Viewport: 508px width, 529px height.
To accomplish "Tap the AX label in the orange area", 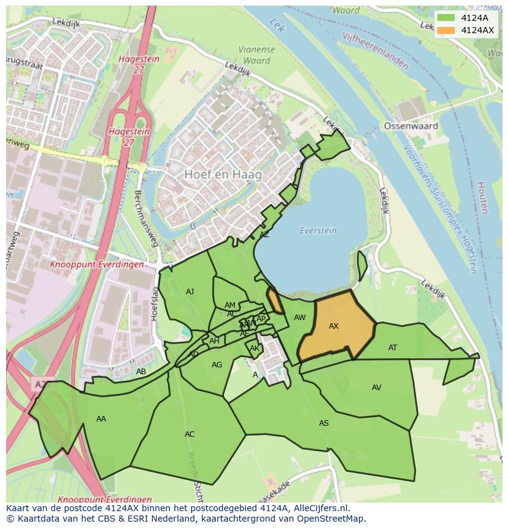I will point(334,326).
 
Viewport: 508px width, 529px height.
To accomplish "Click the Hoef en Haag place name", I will point(223,174).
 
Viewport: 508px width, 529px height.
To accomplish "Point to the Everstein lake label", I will point(318,230).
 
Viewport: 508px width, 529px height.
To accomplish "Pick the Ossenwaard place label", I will point(410,126).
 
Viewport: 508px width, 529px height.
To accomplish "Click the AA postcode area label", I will point(101,419).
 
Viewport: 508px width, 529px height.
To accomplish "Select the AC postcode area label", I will point(190,434).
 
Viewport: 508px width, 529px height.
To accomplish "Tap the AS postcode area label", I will point(323,423).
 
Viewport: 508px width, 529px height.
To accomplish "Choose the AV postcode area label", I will point(377,388).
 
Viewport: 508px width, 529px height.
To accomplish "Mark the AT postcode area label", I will point(393,348).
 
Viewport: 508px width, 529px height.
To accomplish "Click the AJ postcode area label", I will point(190,292).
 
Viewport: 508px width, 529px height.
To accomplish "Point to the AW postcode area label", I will point(299,318).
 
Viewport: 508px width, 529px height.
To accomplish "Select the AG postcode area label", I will point(217,365).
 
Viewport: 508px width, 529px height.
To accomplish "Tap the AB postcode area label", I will point(141,372).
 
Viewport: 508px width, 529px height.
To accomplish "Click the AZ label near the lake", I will point(264,235).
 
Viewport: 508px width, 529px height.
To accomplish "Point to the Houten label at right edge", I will point(482,197).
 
